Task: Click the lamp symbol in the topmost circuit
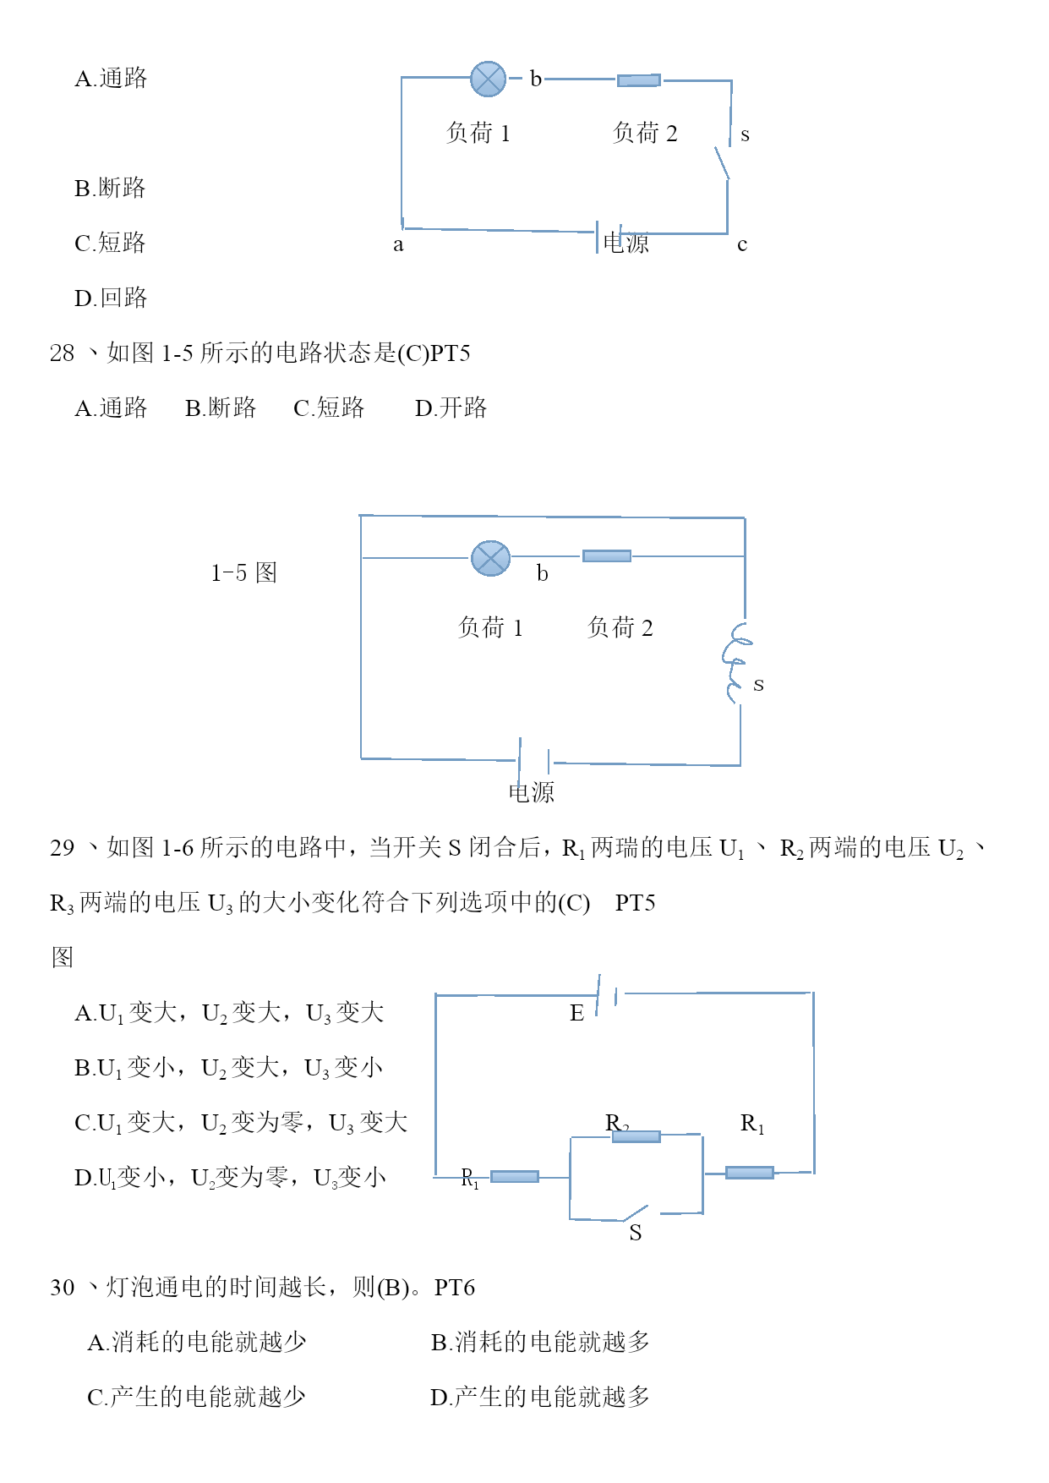click(488, 79)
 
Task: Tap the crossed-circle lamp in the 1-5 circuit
click(490, 558)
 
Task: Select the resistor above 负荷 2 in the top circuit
click(639, 80)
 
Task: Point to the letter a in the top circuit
click(398, 245)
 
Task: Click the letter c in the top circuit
click(742, 245)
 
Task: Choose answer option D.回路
click(111, 298)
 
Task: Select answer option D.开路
click(451, 408)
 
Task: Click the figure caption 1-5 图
click(243, 572)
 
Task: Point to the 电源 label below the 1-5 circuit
click(531, 792)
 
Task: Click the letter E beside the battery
click(576, 1013)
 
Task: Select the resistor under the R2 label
click(636, 1136)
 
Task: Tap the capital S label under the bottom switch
click(636, 1233)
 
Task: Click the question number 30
click(62, 1287)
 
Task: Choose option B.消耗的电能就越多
click(540, 1342)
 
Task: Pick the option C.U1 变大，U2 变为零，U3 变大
click(241, 1123)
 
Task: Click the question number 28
click(62, 353)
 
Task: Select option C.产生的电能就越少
click(196, 1397)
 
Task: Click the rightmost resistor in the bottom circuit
click(750, 1173)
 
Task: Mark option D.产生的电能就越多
click(540, 1397)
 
